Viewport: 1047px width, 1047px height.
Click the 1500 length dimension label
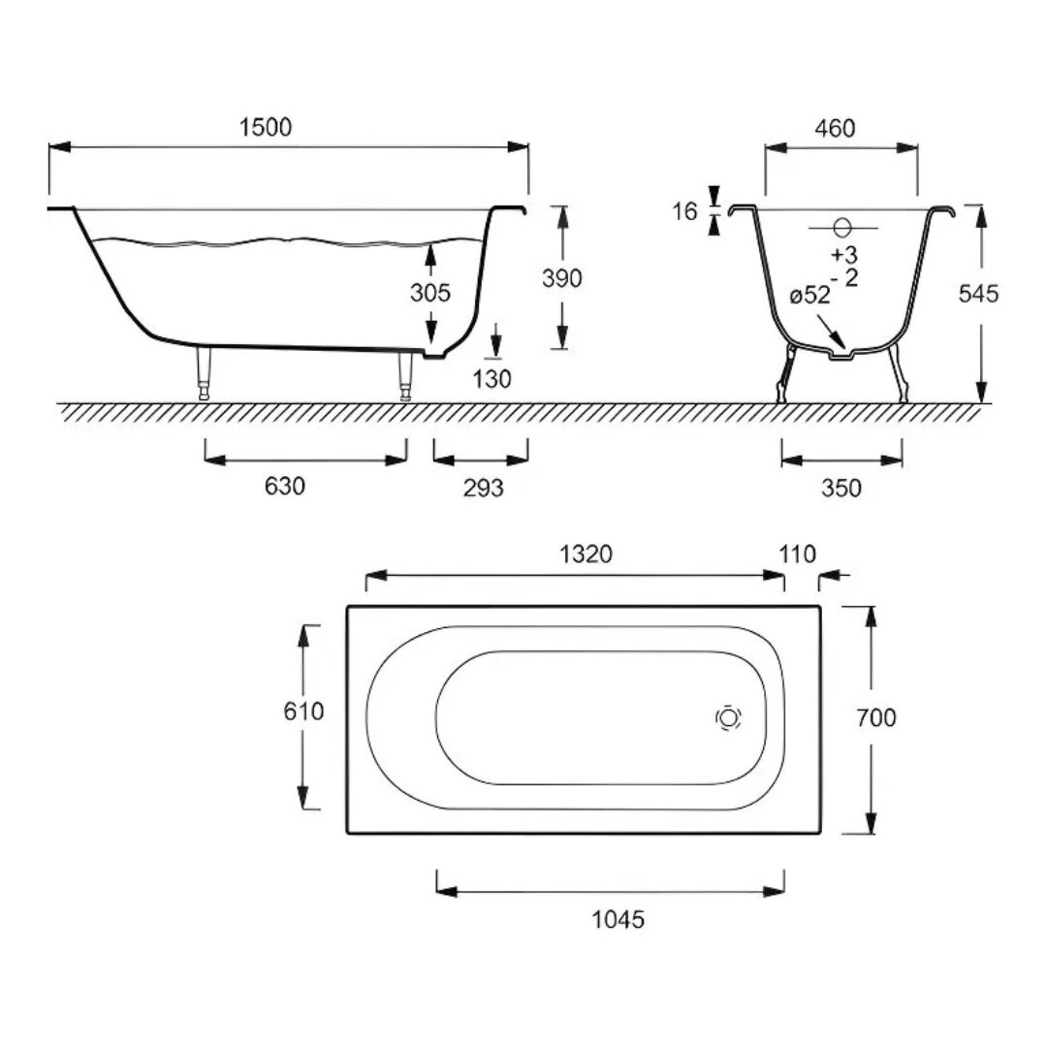tap(266, 127)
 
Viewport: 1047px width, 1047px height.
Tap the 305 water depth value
tap(430, 293)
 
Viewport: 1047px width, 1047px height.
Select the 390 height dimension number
tap(561, 278)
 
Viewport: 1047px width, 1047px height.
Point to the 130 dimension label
tap(492, 379)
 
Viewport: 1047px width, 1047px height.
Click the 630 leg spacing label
tap(284, 486)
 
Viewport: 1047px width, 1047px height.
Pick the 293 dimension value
tap(483, 488)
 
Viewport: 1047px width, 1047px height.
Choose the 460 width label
tap(835, 128)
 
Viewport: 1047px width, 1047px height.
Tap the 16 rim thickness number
tap(684, 211)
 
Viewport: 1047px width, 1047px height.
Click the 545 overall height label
tap(978, 293)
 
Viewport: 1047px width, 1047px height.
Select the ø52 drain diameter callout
tap(809, 295)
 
